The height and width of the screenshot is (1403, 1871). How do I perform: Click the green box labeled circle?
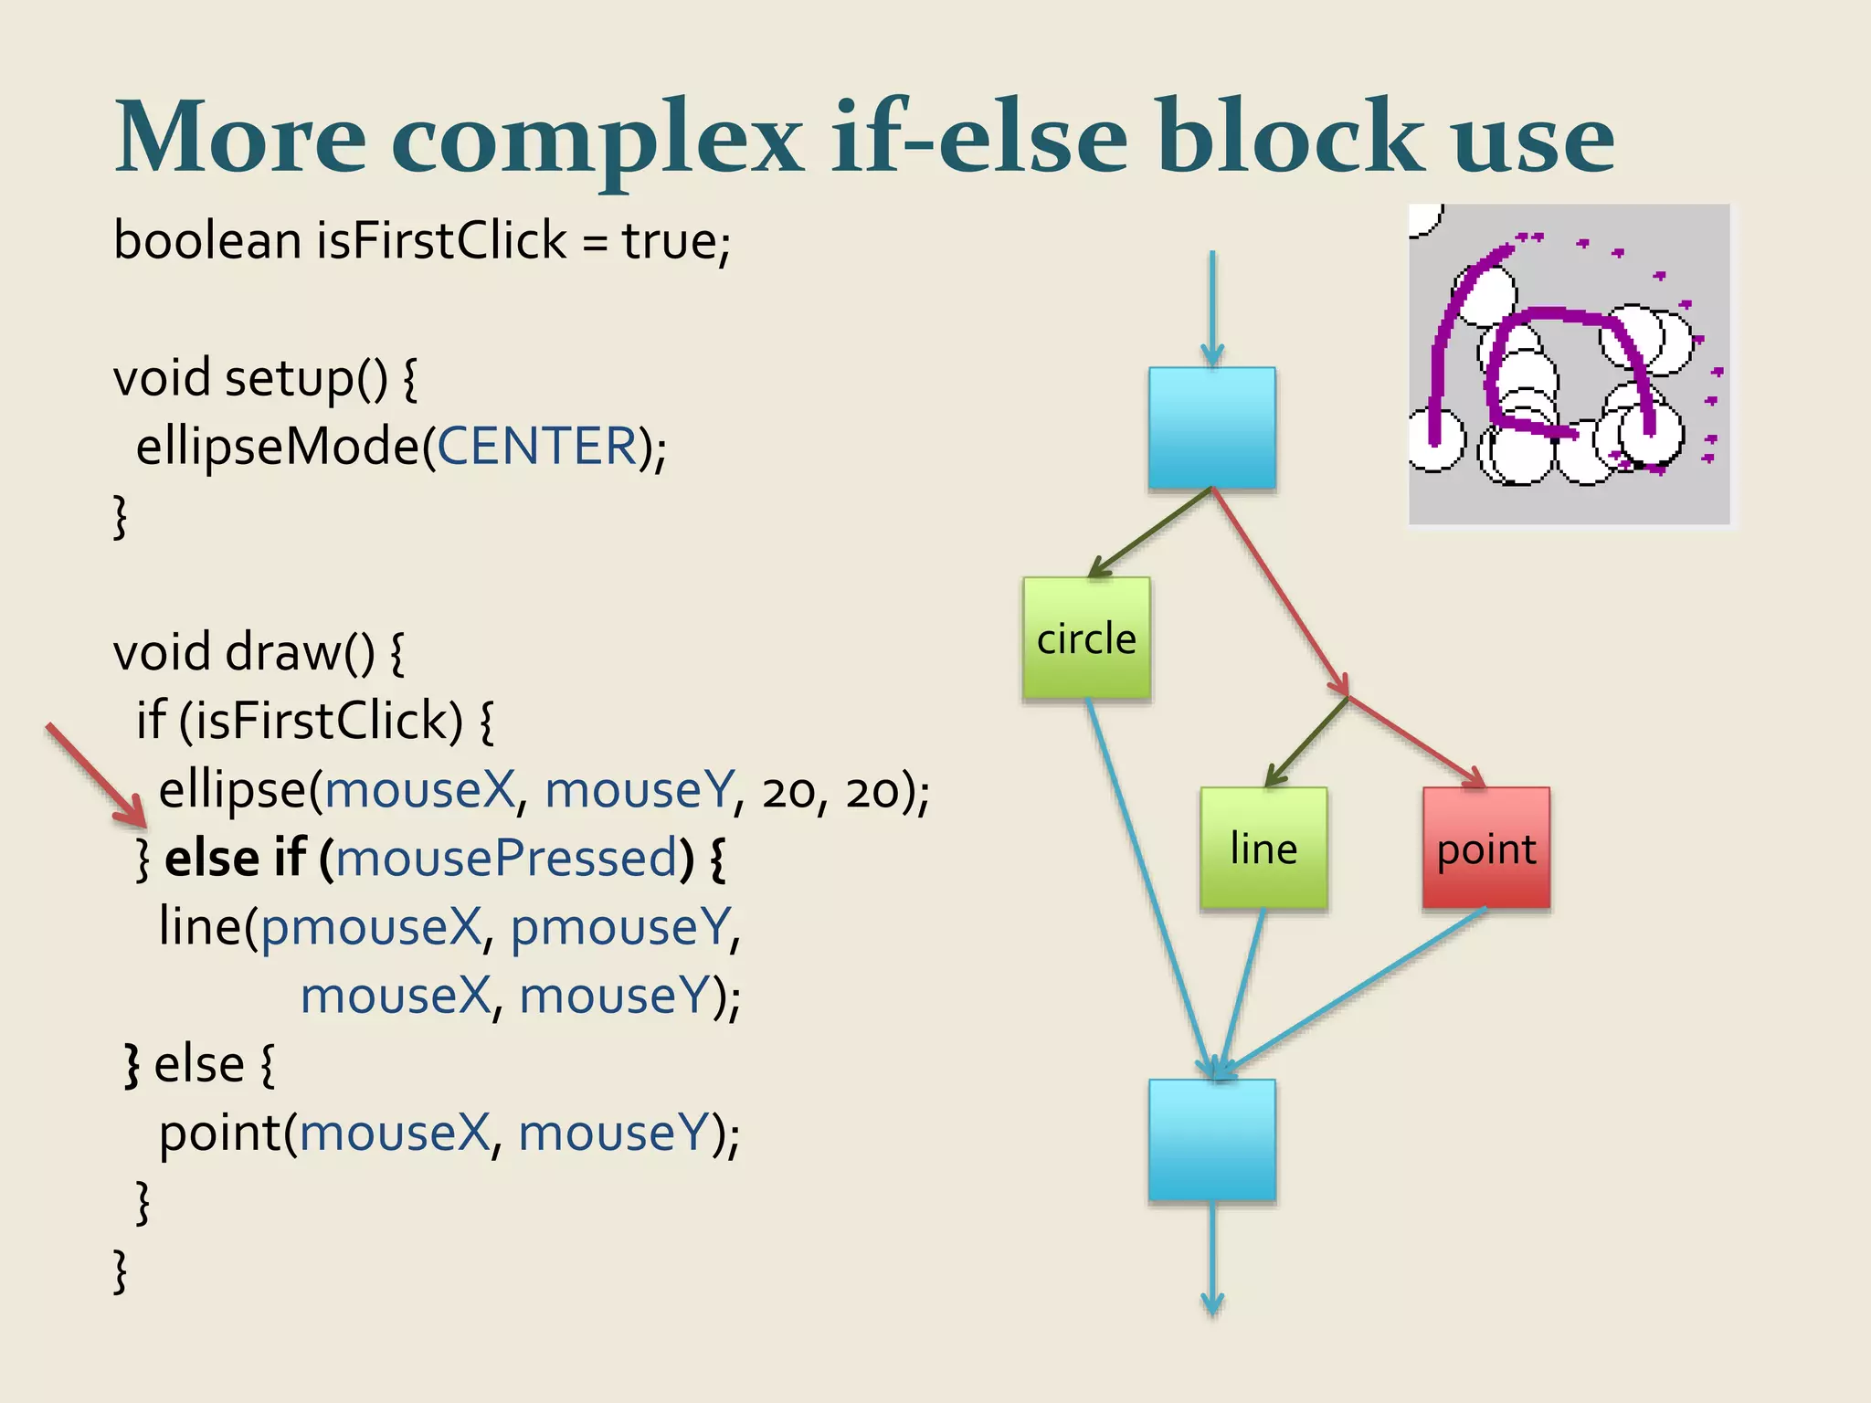pyautogui.click(x=1086, y=638)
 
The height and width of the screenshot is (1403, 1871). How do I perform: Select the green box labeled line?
pyautogui.click(x=1263, y=848)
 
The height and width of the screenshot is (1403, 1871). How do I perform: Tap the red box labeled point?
pyautogui.click(x=1486, y=848)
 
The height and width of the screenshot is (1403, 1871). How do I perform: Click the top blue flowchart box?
pyautogui.click(x=1211, y=427)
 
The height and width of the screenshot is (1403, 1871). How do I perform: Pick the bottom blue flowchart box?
pyautogui.click(x=1211, y=1139)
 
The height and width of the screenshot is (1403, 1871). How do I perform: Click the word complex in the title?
pyautogui.click(x=597, y=139)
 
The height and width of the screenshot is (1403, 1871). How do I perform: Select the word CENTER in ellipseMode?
pyautogui.click(x=537, y=447)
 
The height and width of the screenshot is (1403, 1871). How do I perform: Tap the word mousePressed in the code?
pyautogui.click(x=506, y=859)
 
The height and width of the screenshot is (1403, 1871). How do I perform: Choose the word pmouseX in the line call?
pyautogui.click(x=371, y=927)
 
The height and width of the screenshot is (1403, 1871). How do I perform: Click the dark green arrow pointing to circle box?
pyautogui.click(x=1149, y=533)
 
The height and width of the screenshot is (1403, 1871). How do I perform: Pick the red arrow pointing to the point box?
pyautogui.click(x=1417, y=741)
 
